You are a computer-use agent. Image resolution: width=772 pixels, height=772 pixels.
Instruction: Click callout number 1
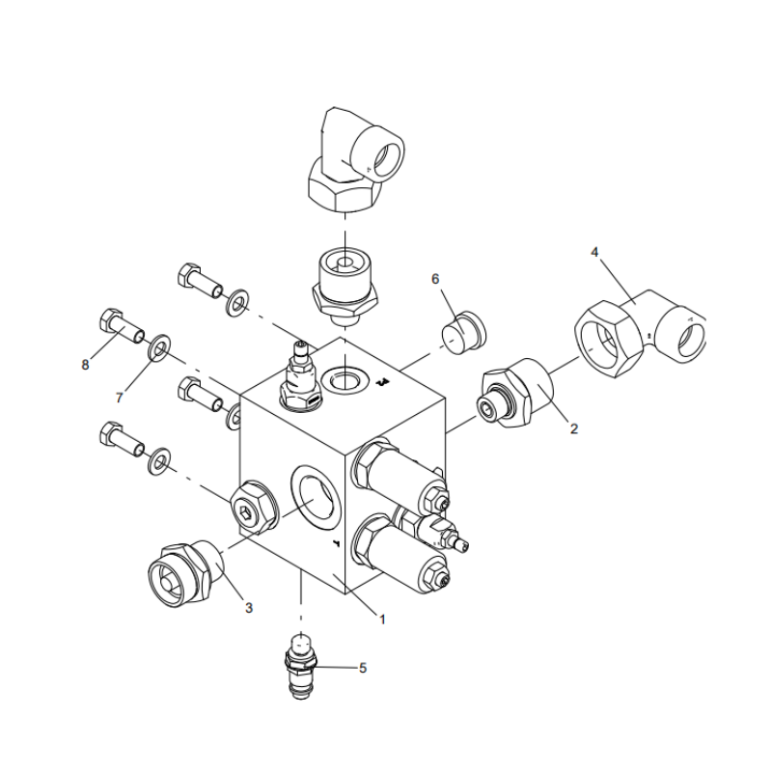point(382,620)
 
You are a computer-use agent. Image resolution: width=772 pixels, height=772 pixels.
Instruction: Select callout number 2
point(573,428)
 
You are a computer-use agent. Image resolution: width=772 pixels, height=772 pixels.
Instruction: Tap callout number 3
point(248,608)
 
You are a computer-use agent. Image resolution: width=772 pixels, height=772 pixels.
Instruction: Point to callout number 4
point(594,252)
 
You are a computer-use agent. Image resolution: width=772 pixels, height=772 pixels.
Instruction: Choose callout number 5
point(363,667)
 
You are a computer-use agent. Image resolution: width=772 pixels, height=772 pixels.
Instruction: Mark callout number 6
point(435,279)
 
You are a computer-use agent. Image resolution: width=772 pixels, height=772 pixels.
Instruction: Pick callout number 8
point(86,365)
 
